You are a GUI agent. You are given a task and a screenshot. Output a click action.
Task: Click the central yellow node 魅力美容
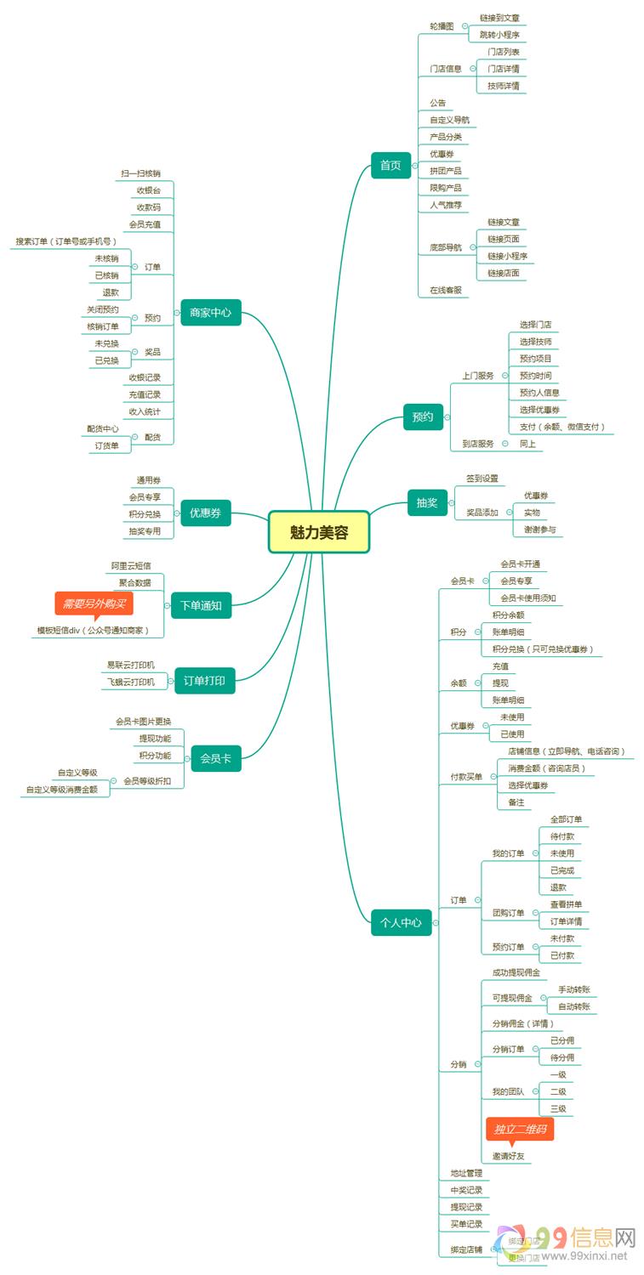[319, 532]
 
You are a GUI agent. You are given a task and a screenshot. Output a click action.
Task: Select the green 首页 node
[390, 165]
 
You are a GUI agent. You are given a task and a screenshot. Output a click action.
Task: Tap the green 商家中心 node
[211, 313]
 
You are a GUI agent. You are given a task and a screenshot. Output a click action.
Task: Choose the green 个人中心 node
[401, 922]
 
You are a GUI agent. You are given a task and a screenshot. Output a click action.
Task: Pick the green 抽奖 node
[427, 502]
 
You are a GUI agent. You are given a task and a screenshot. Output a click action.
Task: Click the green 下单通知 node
[201, 606]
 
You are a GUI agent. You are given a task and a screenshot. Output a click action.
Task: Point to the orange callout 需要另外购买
[94, 603]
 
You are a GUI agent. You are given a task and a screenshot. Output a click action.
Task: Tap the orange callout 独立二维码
[519, 1129]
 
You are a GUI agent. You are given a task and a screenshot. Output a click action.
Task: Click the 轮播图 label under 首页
[442, 26]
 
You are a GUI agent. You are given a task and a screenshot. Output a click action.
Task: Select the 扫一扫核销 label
[140, 173]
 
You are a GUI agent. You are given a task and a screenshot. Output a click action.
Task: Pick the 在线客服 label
[446, 290]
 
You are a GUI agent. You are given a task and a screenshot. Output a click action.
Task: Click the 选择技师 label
[535, 342]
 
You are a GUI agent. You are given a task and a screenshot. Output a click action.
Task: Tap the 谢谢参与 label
[540, 530]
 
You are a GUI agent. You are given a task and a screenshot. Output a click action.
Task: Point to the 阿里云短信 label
[131, 565]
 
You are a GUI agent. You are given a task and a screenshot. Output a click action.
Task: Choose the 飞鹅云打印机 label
[131, 682]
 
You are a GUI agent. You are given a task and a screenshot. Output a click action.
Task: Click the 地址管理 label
[466, 1173]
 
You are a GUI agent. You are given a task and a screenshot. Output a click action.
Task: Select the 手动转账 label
[574, 989]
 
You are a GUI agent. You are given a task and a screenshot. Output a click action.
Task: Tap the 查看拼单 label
[566, 904]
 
